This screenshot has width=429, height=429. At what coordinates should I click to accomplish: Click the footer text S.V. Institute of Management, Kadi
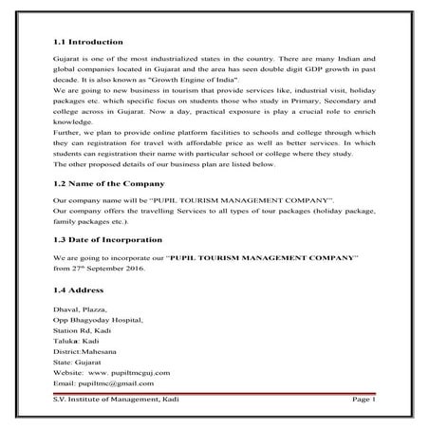(114, 402)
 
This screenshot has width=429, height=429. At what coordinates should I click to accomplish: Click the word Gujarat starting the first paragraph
(65, 60)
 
